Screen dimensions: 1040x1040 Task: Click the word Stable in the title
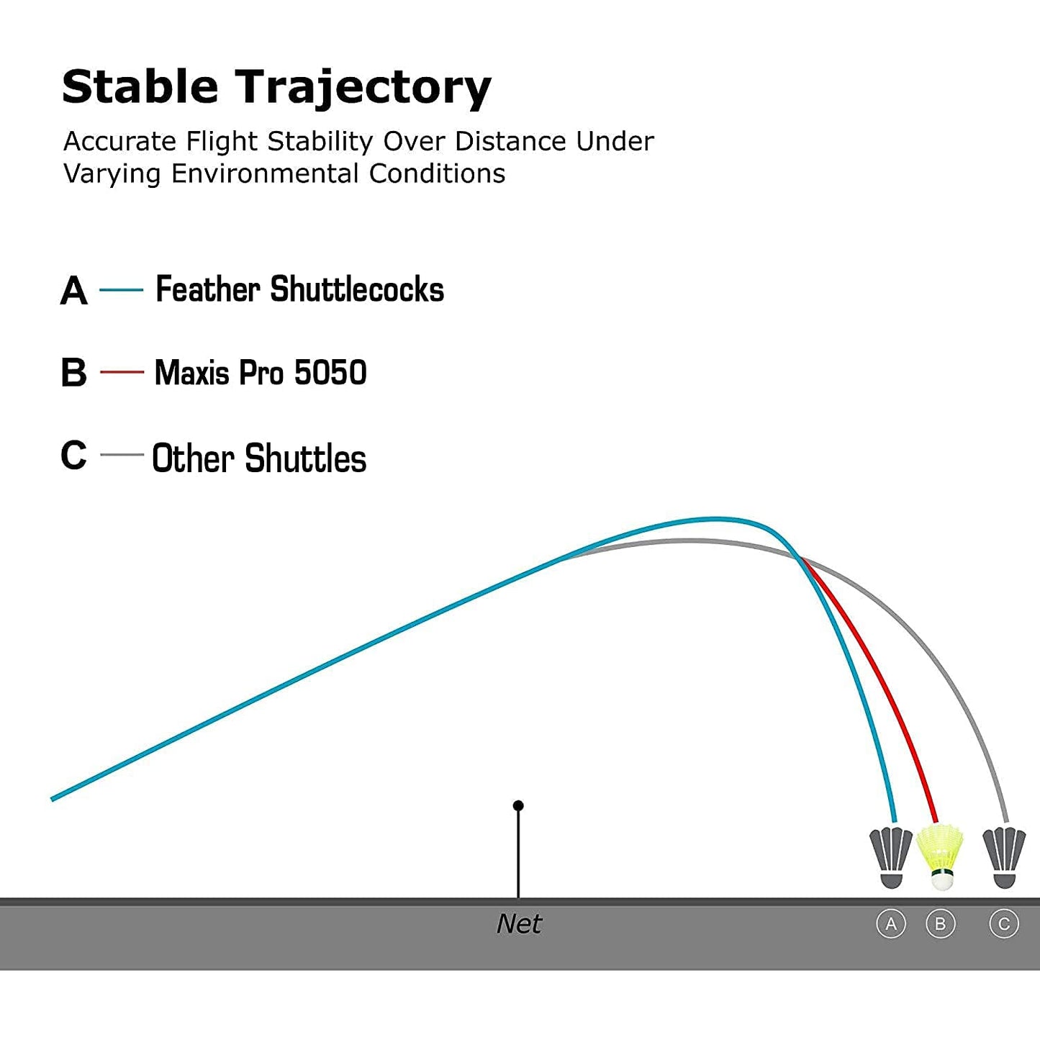[140, 86]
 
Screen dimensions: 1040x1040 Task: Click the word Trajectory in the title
[363, 90]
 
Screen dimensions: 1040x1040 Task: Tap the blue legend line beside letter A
[122, 290]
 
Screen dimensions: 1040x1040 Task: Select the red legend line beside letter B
[122, 372]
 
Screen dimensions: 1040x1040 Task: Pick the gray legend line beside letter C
[122, 454]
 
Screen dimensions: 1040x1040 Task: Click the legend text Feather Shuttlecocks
[299, 289]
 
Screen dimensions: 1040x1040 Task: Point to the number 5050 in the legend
[330, 372]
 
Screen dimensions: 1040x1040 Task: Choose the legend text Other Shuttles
[259, 458]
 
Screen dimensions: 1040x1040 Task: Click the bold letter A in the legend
[74, 291]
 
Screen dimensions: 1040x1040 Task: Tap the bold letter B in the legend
[74, 372]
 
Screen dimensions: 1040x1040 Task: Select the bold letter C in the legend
[74, 455]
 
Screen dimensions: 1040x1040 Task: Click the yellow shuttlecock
[940, 856]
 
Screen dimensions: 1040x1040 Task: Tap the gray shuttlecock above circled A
[890, 857]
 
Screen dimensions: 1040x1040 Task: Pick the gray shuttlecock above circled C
[1004, 857]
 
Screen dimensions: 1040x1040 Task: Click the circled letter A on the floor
[890, 924]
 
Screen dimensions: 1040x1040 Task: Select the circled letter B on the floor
[940, 924]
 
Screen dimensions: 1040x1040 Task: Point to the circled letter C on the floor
[1004, 924]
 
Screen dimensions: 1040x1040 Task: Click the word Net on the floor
[519, 924]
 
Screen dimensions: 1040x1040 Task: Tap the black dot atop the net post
[518, 806]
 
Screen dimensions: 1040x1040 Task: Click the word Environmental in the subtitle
[265, 173]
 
